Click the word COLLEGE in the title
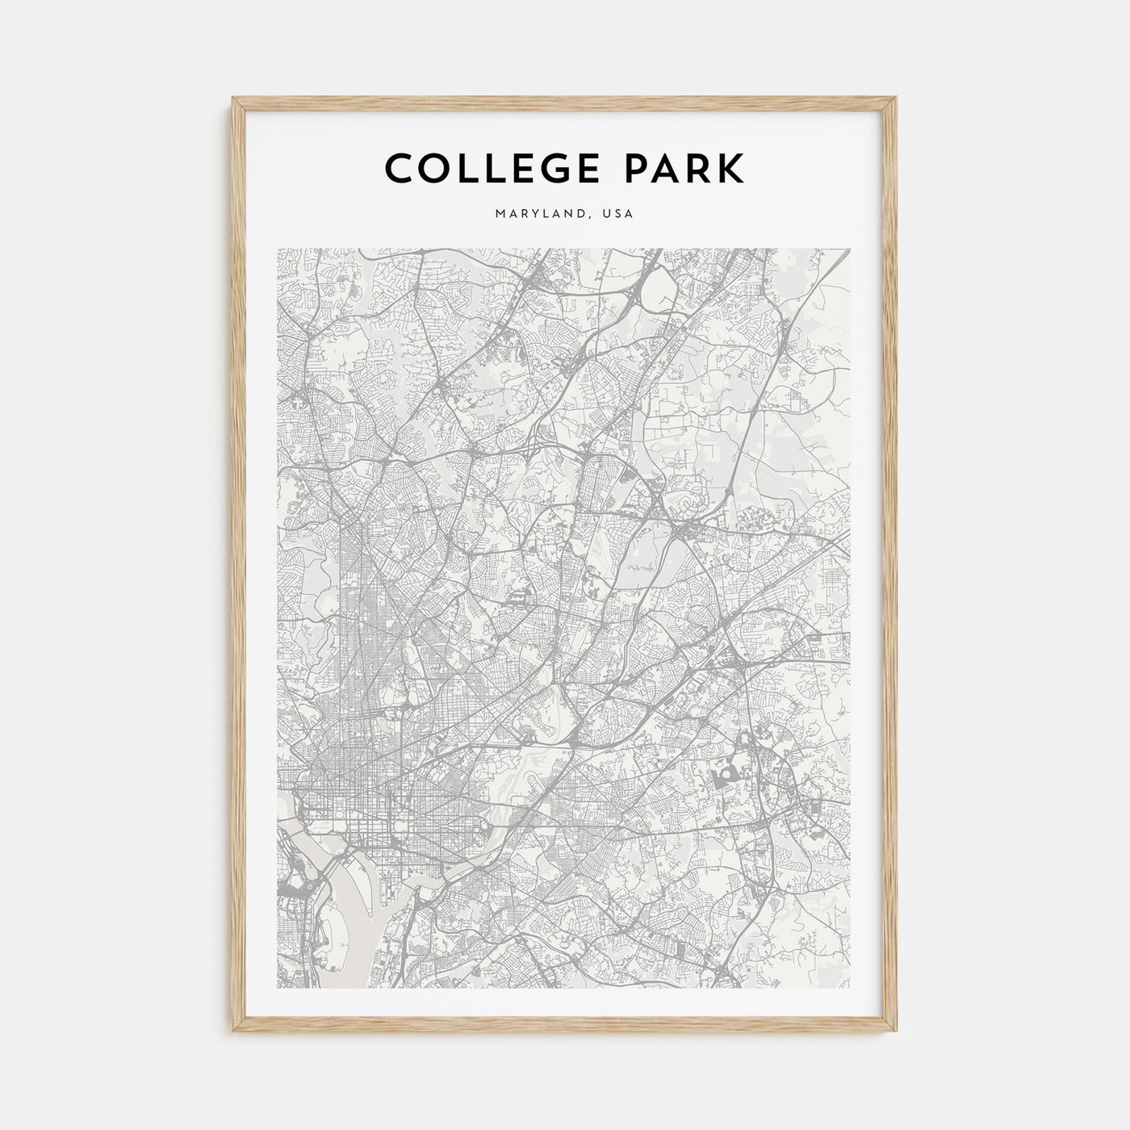point(487,169)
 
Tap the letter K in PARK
point(731,169)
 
